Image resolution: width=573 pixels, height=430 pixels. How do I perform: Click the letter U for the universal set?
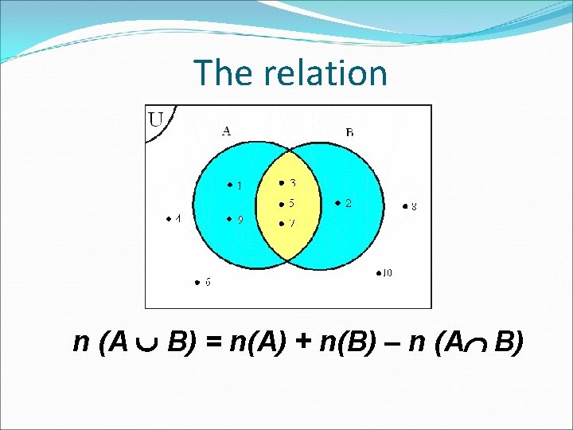157,120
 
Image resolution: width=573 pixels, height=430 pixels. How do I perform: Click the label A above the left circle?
226,131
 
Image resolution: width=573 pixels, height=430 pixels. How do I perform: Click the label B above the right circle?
349,131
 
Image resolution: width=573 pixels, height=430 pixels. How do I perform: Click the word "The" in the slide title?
222,73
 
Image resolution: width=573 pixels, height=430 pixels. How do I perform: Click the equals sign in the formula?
214,342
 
